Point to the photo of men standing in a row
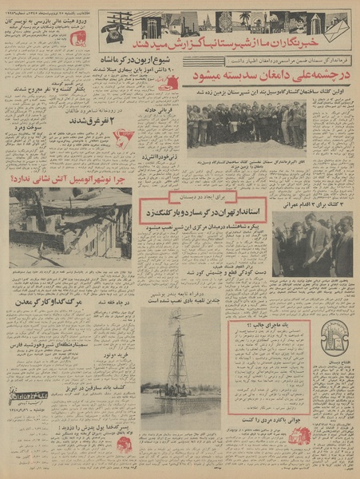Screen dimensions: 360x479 pos(246,125)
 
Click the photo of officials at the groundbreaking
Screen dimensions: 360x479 pos(313,243)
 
